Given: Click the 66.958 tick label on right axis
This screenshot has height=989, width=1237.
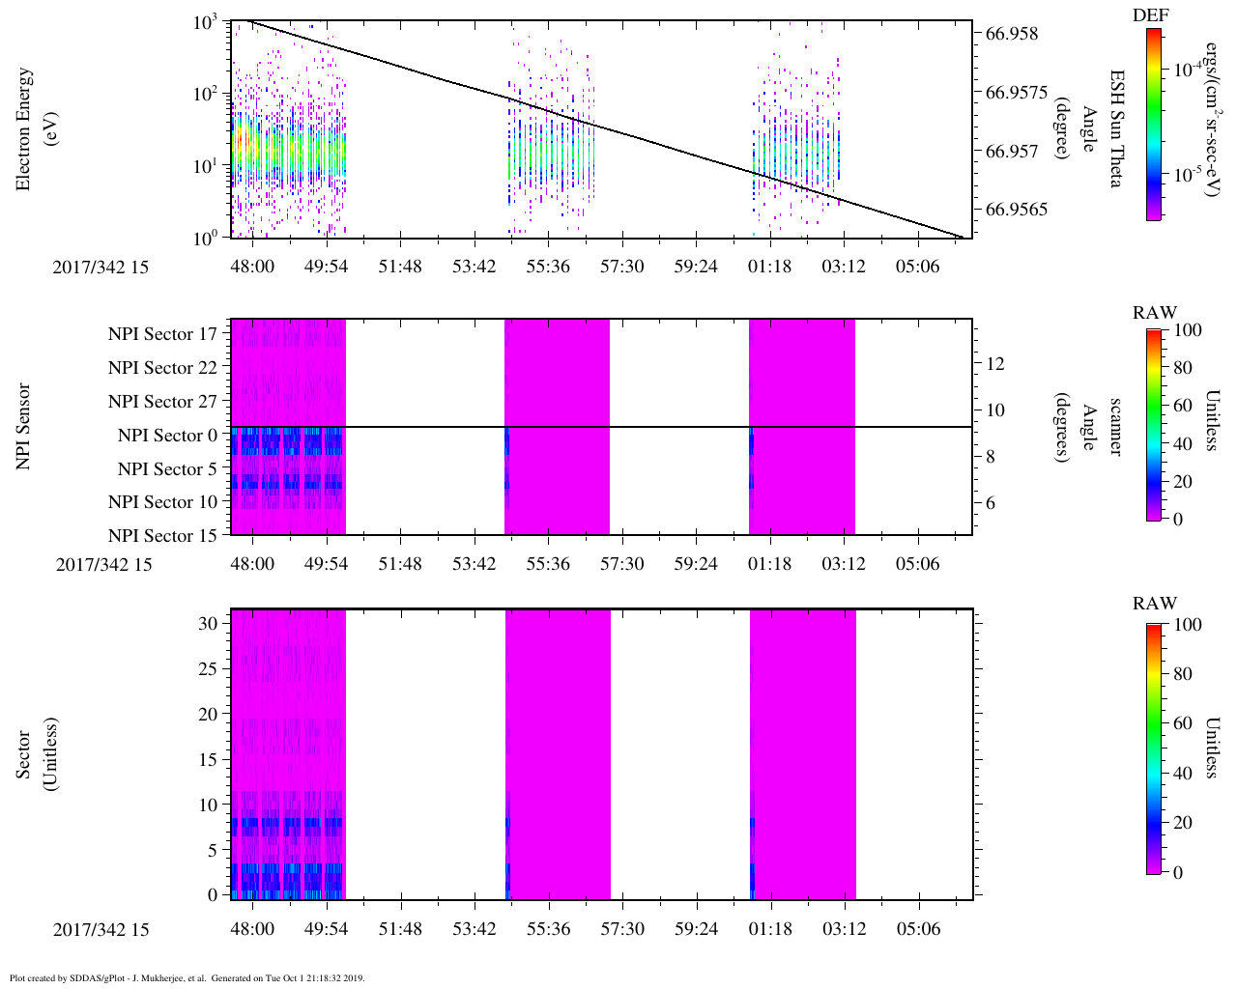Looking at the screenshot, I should [x=1012, y=34].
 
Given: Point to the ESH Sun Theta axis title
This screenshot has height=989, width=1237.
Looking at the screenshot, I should [x=1116, y=128].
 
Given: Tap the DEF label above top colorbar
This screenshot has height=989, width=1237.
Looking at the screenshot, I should [x=1150, y=15].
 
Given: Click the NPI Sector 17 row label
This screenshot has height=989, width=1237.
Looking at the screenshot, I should [x=163, y=334].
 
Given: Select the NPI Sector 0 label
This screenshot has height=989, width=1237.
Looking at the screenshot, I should [x=168, y=436].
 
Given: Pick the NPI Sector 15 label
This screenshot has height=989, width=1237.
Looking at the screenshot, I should [x=163, y=536].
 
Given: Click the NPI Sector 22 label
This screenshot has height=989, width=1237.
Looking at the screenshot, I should [x=163, y=368].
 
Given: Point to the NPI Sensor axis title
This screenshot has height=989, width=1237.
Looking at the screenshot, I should [x=23, y=427].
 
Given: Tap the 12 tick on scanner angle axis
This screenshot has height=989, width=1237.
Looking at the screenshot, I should [x=995, y=364].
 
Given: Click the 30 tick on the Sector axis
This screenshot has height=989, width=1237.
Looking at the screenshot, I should [x=208, y=624].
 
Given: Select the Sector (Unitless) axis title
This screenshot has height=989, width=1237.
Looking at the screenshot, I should [x=35, y=754].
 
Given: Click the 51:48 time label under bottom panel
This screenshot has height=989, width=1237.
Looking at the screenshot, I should [x=400, y=929].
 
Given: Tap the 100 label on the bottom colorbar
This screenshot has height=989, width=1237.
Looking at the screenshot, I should [x=1188, y=625].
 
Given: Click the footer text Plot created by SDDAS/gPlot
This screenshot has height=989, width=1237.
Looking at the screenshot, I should [x=107, y=977].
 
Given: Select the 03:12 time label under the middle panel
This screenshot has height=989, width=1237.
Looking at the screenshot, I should [x=844, y=564].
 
